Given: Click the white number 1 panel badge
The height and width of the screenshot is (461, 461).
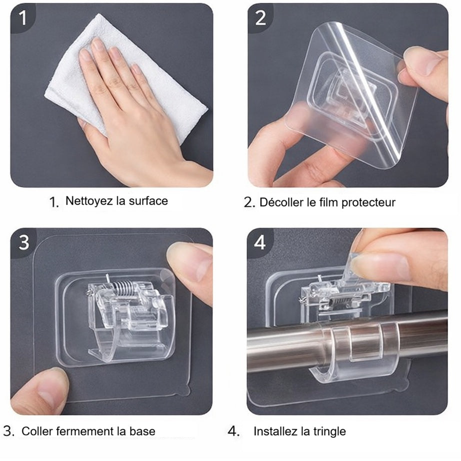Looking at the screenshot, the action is click(x=22, y=17).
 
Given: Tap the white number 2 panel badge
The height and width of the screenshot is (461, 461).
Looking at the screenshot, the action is click(x=260, y=18).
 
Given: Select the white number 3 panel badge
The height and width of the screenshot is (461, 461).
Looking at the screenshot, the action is click(x=24, y=242).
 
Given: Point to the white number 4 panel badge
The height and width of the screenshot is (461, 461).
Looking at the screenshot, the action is click(x=260, y=242).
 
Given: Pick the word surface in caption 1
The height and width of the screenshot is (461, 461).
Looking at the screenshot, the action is click(x=148, y=201).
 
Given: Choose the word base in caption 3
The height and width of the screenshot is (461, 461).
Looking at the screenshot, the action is click(x=142, y=431).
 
